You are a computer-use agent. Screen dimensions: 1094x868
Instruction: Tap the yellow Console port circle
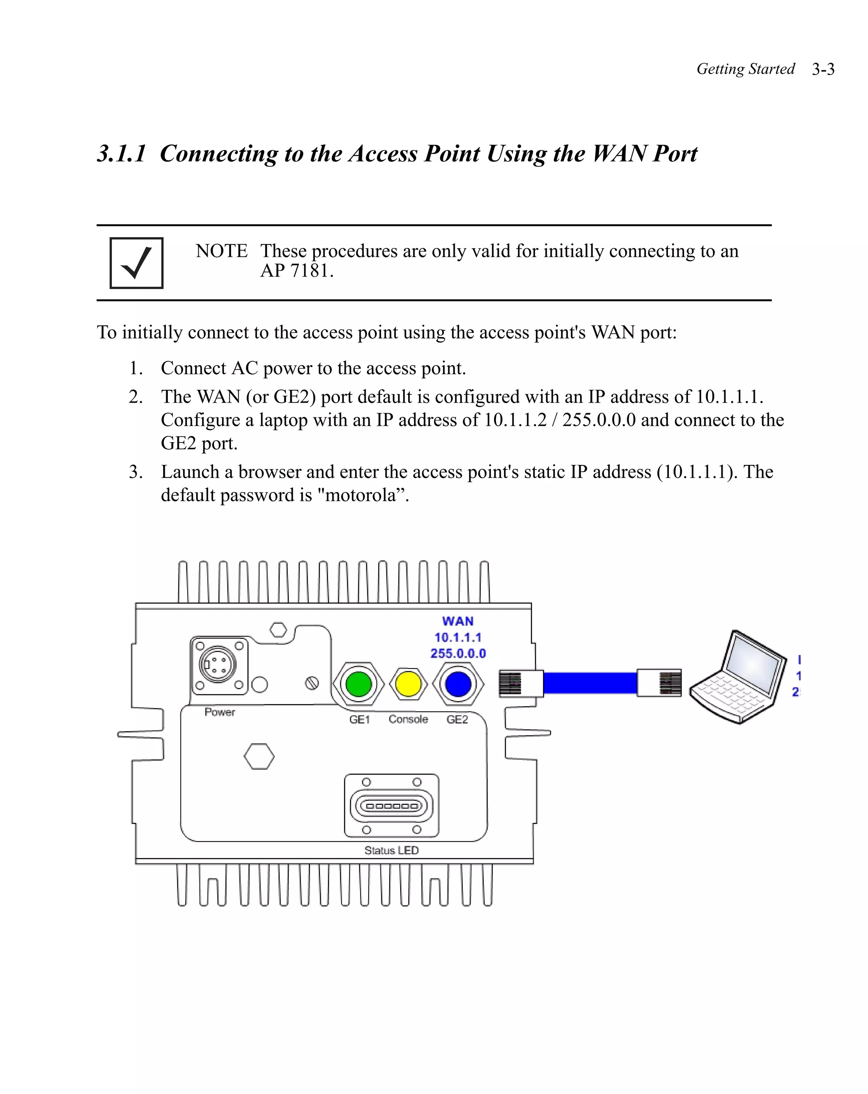click(408, 684)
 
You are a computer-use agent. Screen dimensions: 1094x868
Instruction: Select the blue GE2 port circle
click(458, 684)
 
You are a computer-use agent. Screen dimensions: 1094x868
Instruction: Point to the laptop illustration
click(738, 677)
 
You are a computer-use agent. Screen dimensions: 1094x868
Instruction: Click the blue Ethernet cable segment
click(590, 683)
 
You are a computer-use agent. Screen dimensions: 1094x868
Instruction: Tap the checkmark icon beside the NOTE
click(136, 263)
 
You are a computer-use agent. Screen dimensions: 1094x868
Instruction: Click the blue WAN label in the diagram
click(458, 621)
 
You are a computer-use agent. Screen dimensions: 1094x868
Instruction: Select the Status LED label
click(392, 851)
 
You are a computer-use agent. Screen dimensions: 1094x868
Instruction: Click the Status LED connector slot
click(392, 806)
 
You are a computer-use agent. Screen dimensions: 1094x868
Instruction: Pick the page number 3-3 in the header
click(823, 69)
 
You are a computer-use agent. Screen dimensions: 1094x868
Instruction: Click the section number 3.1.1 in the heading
click(122, 154)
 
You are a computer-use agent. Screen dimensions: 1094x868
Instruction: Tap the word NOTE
click(222, 251)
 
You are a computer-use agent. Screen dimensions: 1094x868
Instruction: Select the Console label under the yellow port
click(408, 719)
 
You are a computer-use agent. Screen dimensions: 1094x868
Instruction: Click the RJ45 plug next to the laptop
click(659, 683)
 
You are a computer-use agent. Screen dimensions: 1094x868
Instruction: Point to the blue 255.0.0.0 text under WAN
click(458, 654)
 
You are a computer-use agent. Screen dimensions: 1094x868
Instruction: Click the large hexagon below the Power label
click(259, 757)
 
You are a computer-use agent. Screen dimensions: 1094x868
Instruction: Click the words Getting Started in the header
click(746, 69)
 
